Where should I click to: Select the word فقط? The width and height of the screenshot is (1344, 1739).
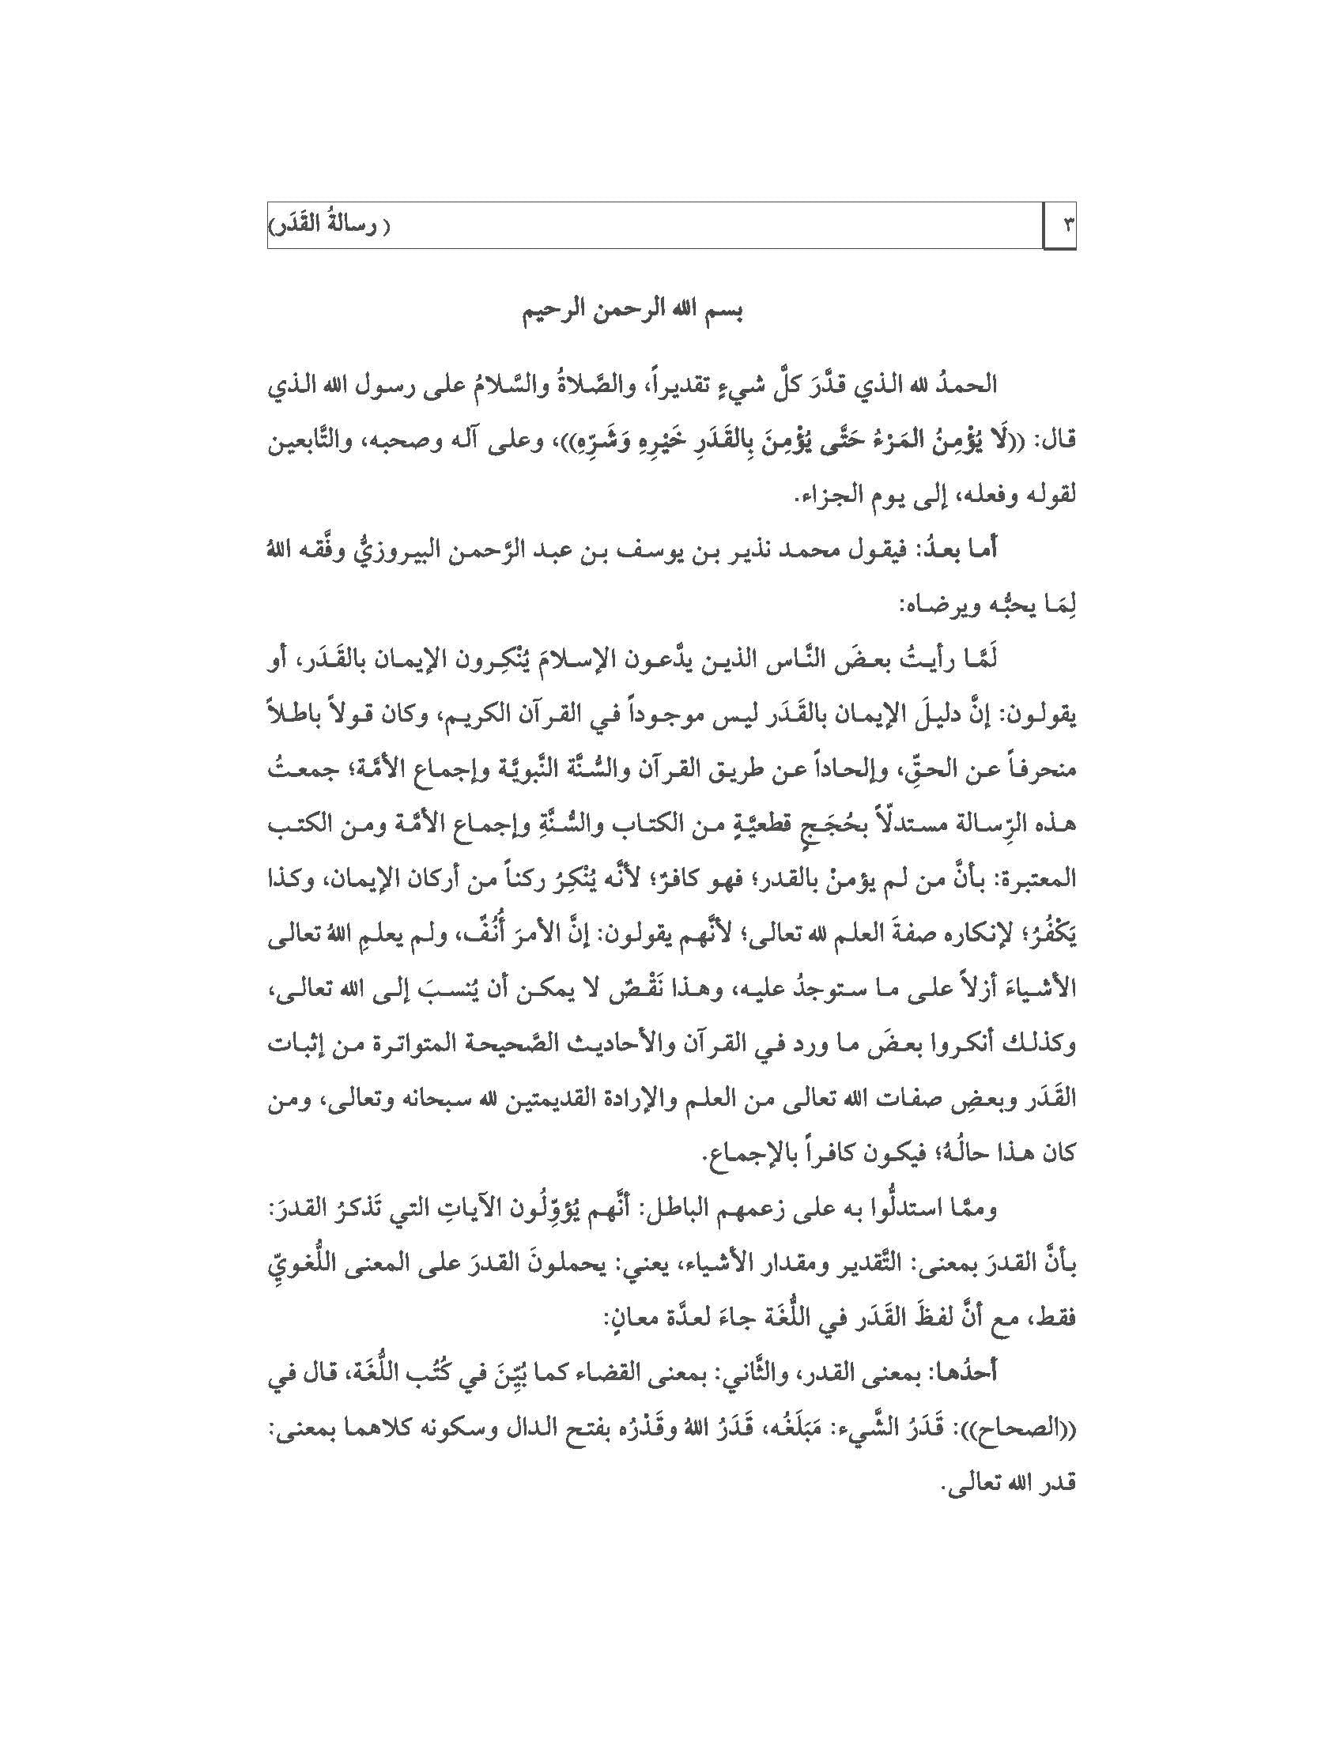1059,1320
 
